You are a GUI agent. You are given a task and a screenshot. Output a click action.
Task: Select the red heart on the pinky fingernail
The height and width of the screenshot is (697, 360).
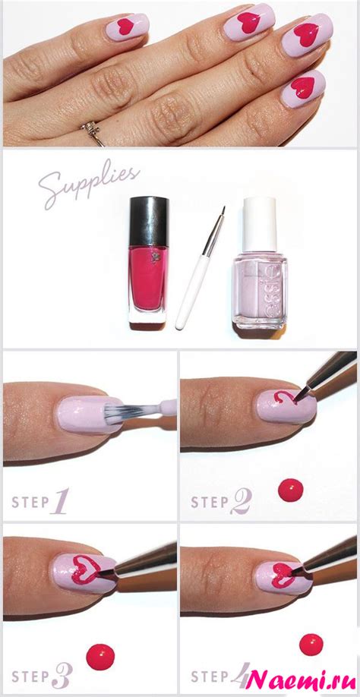(303, 87)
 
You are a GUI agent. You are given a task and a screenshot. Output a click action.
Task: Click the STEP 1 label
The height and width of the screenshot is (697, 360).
(40, 501)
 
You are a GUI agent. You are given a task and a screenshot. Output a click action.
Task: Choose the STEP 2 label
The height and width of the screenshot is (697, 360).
(221, 501)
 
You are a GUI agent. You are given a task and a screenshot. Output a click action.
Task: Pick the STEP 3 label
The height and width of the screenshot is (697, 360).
(42, 676)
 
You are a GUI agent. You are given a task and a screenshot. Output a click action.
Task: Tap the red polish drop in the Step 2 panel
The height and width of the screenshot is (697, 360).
(291, 490)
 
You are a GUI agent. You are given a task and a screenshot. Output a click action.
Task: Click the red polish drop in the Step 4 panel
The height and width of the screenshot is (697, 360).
(311, 645)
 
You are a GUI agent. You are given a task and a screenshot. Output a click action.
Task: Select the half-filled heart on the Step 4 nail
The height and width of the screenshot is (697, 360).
(283, 574)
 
